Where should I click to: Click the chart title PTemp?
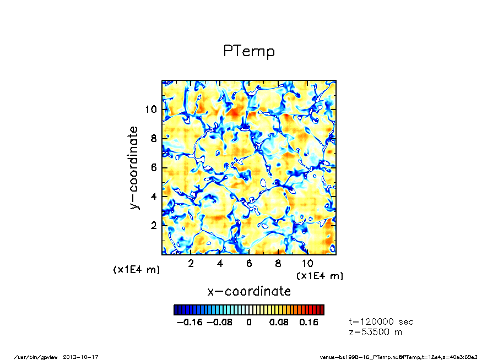[x=248, y=51]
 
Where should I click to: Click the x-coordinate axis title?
[x=248, y=291]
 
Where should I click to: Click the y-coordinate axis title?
[x=133, y=167]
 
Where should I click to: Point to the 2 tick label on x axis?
[x=191, y=263]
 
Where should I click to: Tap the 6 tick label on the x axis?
[x=249, y=263]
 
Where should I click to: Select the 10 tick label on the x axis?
[x=307, y=263]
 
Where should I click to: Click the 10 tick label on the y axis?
[x=151, y=110]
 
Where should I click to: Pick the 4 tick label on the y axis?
[x=154, y=197]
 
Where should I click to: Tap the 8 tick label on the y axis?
[x=154, y=139]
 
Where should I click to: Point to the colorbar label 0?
[x=249, y=323]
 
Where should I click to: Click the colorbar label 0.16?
[x=309, y=323]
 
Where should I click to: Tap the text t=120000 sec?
[x=381, y=321]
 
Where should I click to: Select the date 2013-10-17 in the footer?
[x=84, y=357]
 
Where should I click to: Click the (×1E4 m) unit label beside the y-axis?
[x=136, y=270]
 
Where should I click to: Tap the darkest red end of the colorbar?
[x=322, y=310]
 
